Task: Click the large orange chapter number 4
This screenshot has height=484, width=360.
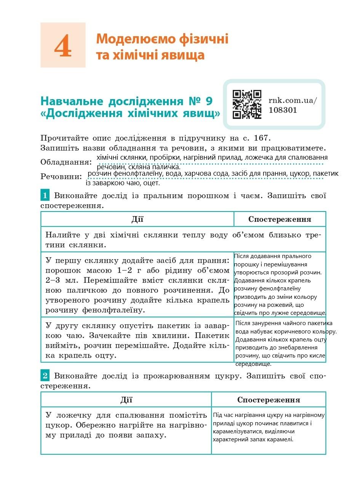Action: pyautogui.click(x=63, y=45)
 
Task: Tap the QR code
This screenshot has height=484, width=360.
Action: pyautogui.click(x=247, y=104)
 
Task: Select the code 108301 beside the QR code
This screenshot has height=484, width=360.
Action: pyautogui.click(x=283, y=110)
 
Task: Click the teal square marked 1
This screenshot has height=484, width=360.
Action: pyautogui.click(x=45, y=196)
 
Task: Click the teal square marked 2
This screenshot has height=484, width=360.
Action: pyautogui.click(x=45, y=376)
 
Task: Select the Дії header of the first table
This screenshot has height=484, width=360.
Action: pyautogui.click(x=137, y=219)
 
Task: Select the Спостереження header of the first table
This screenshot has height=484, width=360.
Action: pyautogui.click(x=280, y=219)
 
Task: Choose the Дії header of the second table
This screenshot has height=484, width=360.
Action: pyautogui.click(x=126, y=399)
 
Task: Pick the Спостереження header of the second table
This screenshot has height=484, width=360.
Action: pyautogui.click(x=269, y=400)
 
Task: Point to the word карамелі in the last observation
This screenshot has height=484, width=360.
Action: pyautogui.click(x=282, y=439)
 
